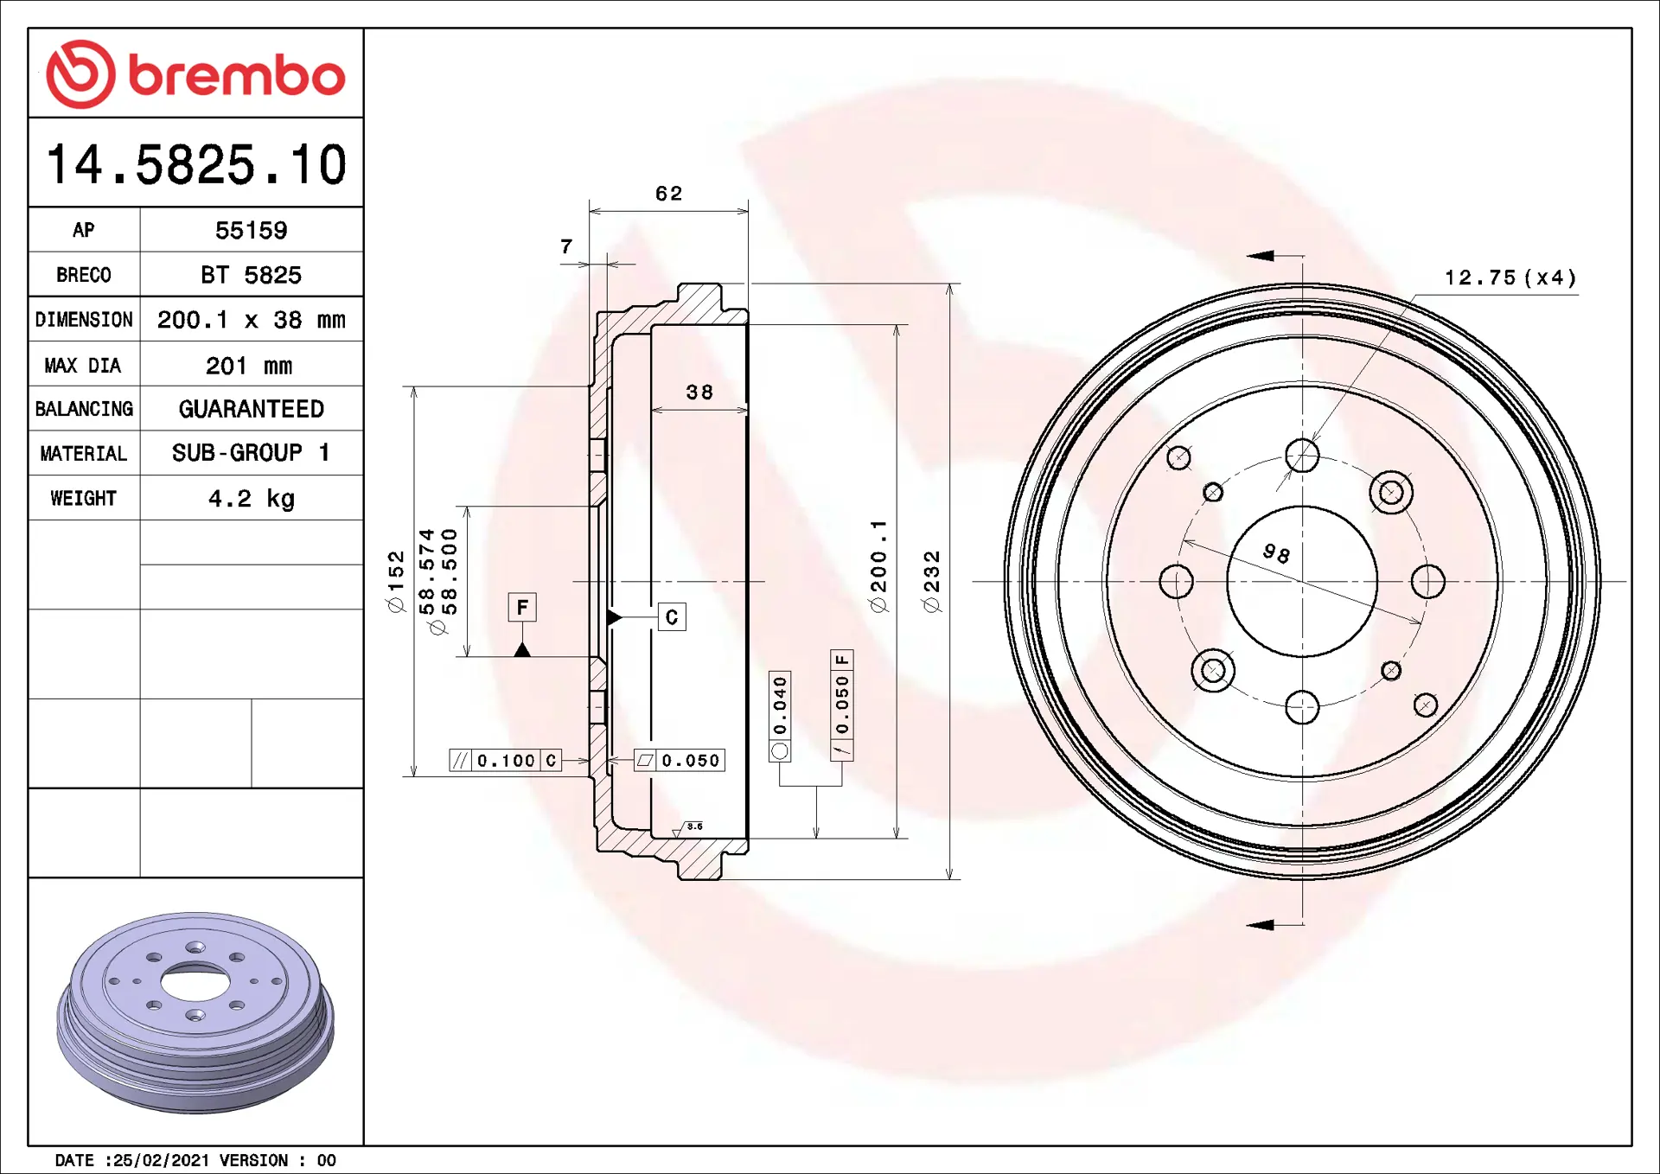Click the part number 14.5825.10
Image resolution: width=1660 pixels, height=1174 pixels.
point(196,164)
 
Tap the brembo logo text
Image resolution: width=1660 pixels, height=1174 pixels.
point(237,75)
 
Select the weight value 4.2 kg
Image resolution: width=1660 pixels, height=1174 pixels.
point(252,499)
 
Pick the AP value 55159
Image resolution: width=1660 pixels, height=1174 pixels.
point(252,231)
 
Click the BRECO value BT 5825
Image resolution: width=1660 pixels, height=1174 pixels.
point(252,275)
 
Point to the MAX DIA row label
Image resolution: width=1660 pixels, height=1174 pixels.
point(83,366)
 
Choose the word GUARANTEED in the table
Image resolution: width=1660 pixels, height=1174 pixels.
point(252,409)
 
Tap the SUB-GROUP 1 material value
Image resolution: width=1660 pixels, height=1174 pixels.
point(252,453)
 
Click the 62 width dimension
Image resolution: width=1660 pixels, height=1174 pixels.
point(669,194)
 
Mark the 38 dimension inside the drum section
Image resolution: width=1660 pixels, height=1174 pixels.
point(699,392)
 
